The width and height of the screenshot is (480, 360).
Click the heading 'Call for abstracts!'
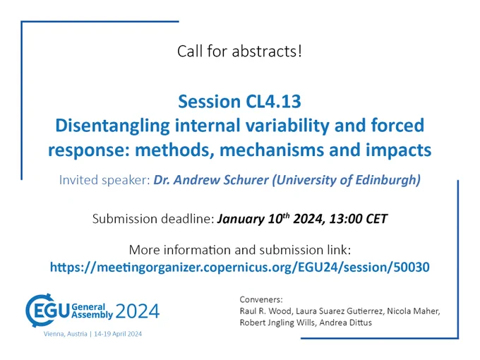click(x=239, y=51)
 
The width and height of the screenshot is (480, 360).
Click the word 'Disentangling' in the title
click(x=112, y=126)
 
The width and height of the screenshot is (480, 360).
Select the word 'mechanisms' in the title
click(x=272, y=150)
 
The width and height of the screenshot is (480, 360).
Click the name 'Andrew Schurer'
click(x=221, y=180)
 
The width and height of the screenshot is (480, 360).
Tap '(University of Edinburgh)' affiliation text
click(x=347, y=180)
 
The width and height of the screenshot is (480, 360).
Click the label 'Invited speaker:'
click(x=104, y=180)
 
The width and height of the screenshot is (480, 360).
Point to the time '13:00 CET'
click(x=358, y=219)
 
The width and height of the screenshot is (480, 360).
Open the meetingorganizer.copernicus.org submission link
click(x=240, y=267)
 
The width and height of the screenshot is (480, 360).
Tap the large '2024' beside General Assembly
click(x=138, y=311)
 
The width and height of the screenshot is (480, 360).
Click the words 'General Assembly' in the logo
click(x=92, y=311)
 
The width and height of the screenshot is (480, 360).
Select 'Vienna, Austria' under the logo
click(x=65, y=334)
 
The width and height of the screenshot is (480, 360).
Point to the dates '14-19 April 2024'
click(x=118, y=334)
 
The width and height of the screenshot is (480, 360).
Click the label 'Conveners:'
click(x=261, y=299)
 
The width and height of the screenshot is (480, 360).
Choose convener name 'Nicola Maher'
click(x=413, y=311)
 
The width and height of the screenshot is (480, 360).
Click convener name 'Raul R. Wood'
click(x=266, y=311)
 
